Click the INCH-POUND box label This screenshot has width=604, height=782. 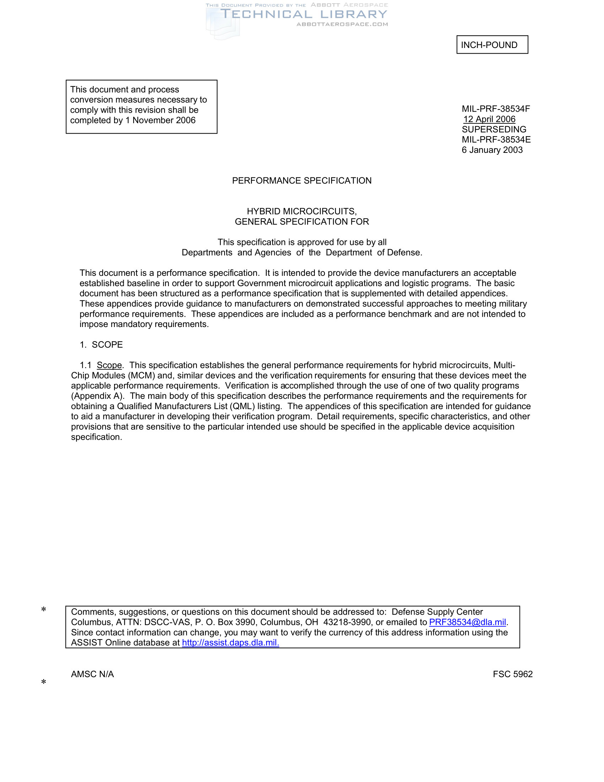pos(489,45)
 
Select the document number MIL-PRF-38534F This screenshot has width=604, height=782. pos(496,109)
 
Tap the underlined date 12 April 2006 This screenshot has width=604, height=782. pos(489,119)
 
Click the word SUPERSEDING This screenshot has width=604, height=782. pos(494,129)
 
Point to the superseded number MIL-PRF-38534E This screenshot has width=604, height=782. pos(496,140)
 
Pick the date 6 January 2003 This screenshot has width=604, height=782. pos(492,150)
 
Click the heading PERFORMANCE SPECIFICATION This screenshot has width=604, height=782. pos(302,181)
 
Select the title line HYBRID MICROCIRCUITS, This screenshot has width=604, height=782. pos(302,211)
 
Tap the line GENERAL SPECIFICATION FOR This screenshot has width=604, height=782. pos(302,222)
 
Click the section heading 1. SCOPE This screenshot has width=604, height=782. pos(101,345)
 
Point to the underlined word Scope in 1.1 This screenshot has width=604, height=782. pos(109,365)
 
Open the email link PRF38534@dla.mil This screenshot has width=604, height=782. pos(467,622)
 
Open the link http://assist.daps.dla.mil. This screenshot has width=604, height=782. pos(231,643)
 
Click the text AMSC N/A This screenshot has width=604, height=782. pos(92,674)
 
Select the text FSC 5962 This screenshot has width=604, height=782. pos(512,674)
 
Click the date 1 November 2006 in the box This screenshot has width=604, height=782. pos(160,120)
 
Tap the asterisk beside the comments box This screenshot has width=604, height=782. pos(44,610)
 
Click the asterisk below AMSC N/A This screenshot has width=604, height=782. pos(44,682)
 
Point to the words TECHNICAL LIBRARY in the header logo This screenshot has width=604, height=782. pos(304,14)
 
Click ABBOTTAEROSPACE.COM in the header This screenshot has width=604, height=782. pos(342,24)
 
